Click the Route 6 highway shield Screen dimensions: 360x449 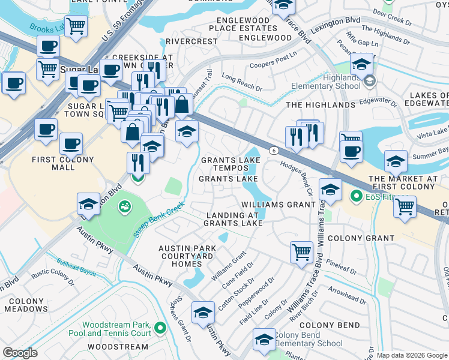pyautogui.click(x=273, y=149)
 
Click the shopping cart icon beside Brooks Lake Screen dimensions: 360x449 pyautogui.click(x=76, y=26)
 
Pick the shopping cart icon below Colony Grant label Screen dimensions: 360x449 pyautogui.click(x=301, y=251)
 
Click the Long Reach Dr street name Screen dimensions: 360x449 pyautogui.click(x=242, y=83)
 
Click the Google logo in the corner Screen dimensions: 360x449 pyautogui.click(x=20, y=353)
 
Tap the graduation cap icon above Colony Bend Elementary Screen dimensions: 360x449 pyautogui.click(x=263, y=339)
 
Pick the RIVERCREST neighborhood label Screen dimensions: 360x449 pyautogui.click(x=191, y=41)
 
